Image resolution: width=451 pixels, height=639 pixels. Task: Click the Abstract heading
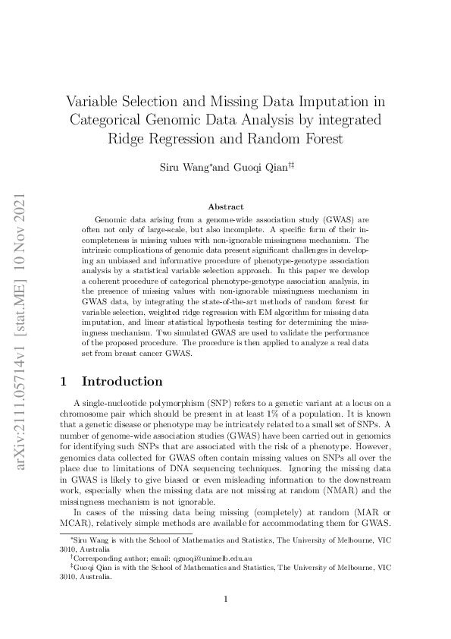pyautogui.click(x=226, y=206)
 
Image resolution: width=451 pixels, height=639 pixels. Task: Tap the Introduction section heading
pyautogui.click(x=122, y=381)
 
